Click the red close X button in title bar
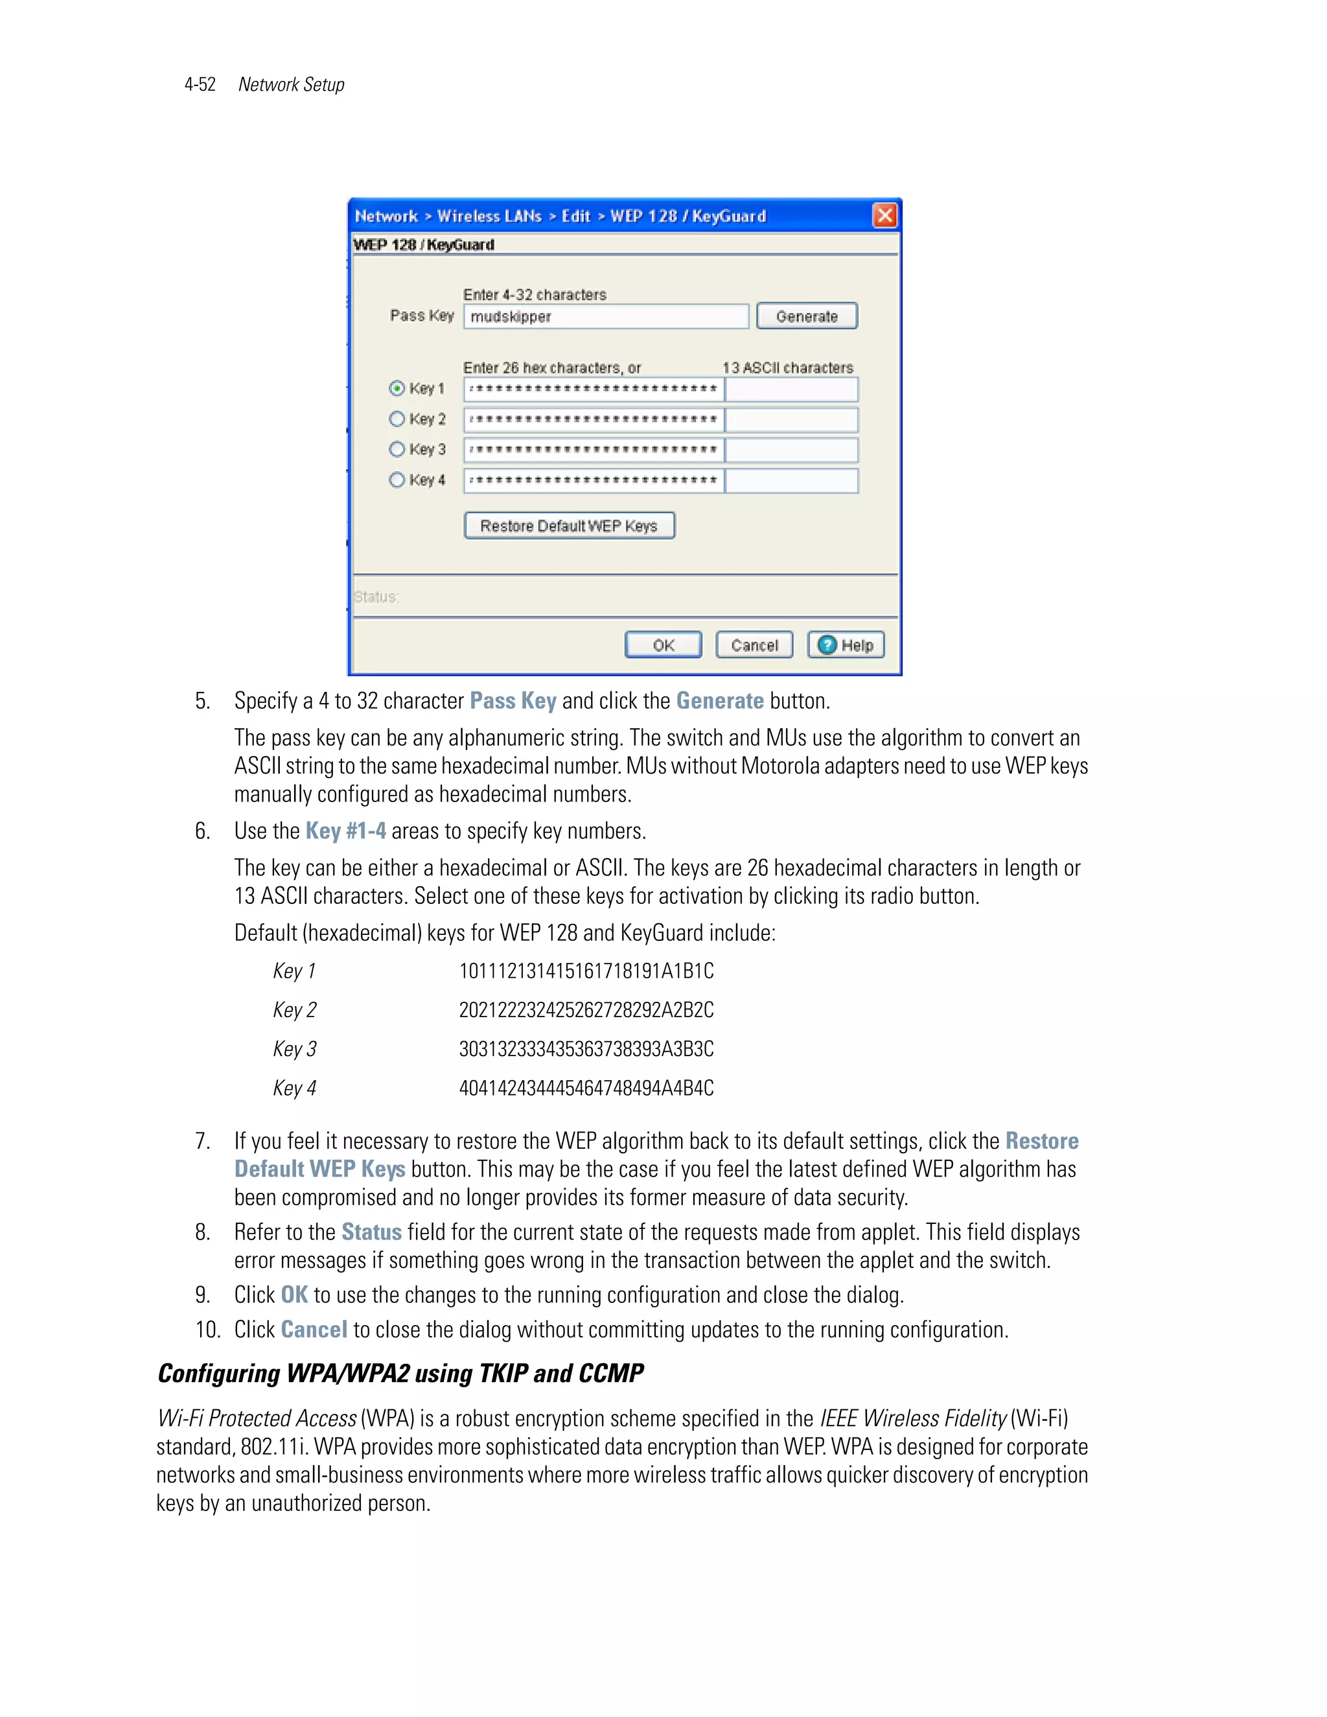pyautogui.click(x=884, y=215)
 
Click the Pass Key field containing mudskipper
pyautogui.click(x=605, y=317)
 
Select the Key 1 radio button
pyautogui.click(x=397, y=388)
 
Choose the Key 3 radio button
pyautogui.click(x=397, y=449)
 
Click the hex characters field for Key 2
pyautogui.click(x=594, y=419)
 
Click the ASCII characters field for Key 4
pyautogui.click(x=791, y=480)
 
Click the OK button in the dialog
pyautogui.click(x=663, y=645)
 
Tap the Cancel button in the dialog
pyautogui.click(x=754, y=645)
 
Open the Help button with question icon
pyautogui.click(x=846, y=645)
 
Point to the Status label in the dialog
pyautogui.click(x=376, y=597)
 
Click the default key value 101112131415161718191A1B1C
pyautogui.click(x=586, y=972)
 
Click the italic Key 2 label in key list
pyautogui.click(x=295, y=1010)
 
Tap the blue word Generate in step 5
pyautogui.click(x=719, y=701)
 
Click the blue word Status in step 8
pyautogui.click(x=371, y=1232)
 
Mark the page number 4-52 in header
pyautogui.click(x=200, y=85)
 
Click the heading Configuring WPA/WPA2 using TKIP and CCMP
pyautogui.click(x=400, y=1374)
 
